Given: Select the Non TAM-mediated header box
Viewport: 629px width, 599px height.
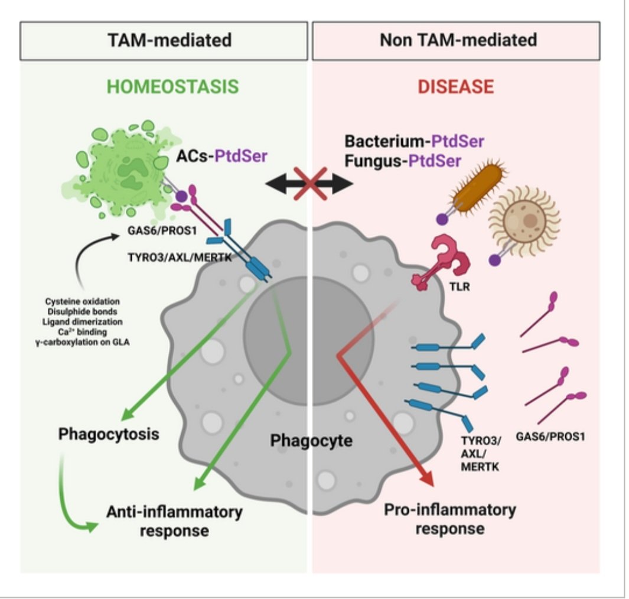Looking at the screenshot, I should [458, 41].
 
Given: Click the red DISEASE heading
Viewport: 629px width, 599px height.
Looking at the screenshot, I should [455, 87].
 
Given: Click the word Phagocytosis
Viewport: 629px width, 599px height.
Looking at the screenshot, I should [109, 434].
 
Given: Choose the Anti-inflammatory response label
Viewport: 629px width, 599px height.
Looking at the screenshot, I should [174, 520].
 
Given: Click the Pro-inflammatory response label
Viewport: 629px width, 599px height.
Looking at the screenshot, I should [450, 518].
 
